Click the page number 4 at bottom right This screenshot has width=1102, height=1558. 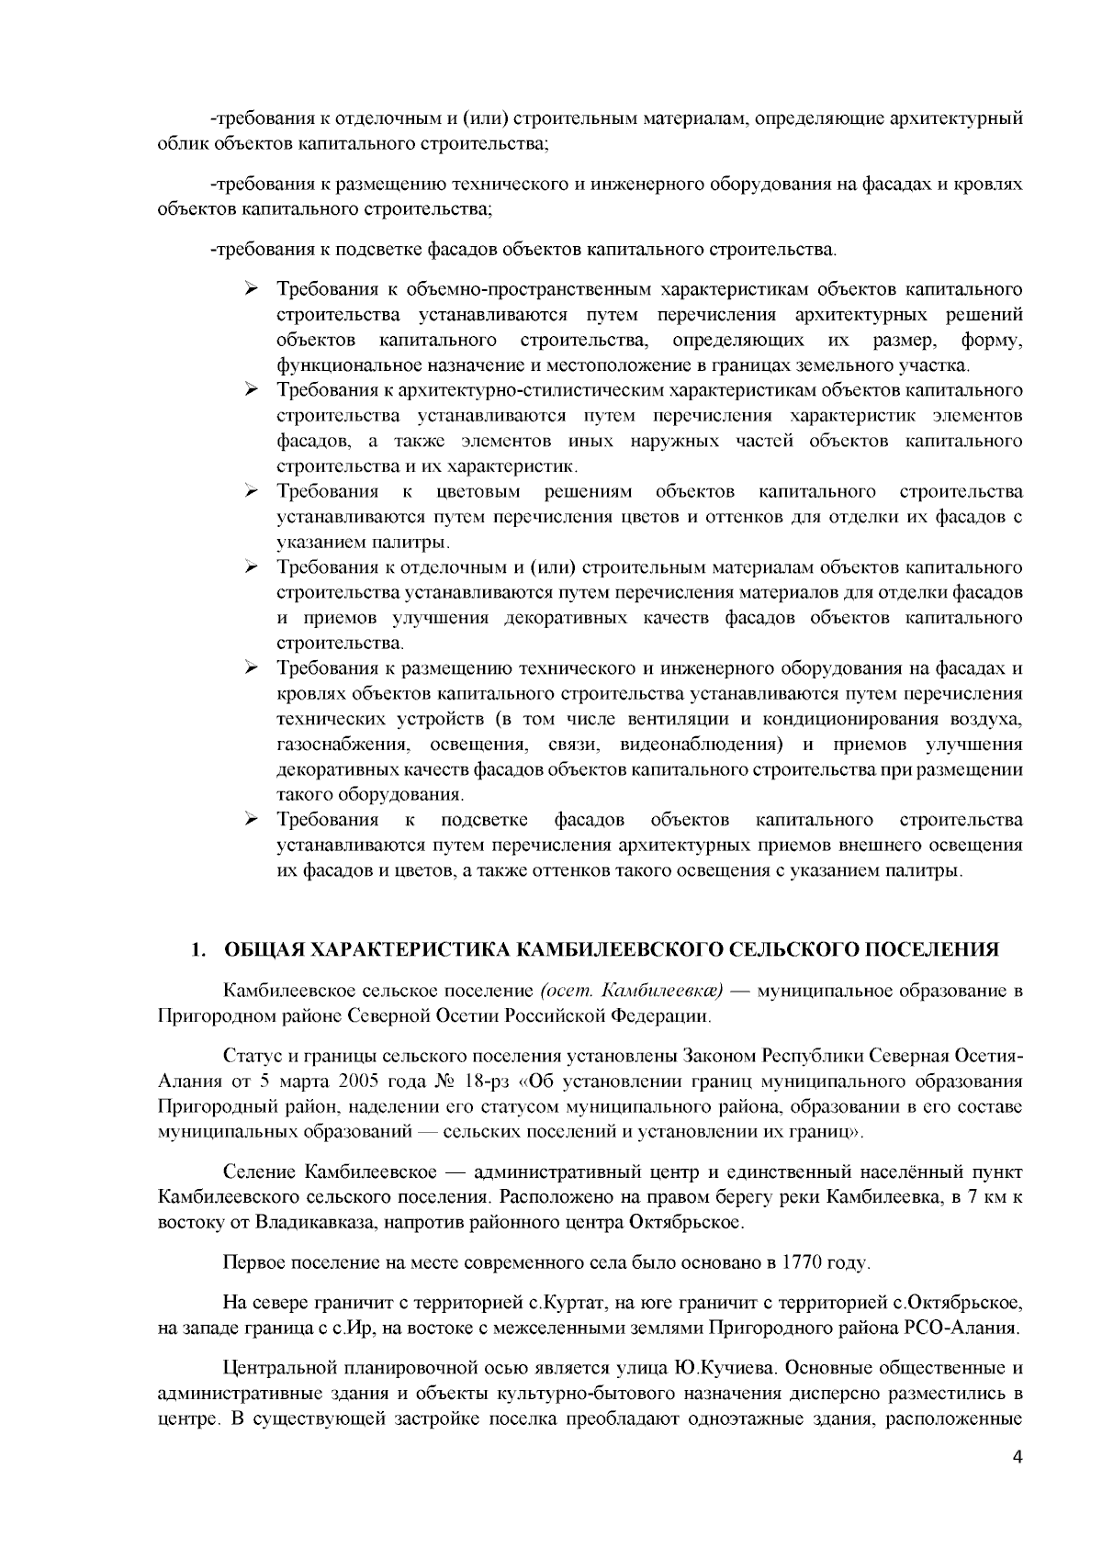[x=1017, y=1483]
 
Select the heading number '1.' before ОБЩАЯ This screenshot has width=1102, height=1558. [x=197, y=949]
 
